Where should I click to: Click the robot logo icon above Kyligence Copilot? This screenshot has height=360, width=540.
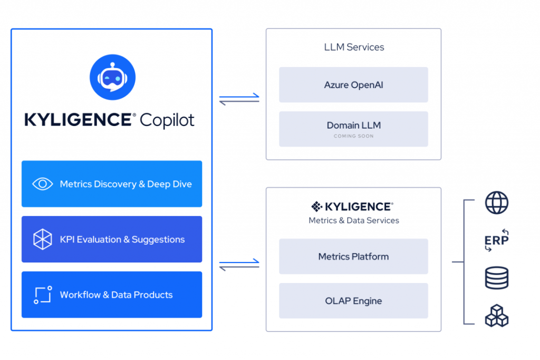pos(112,77)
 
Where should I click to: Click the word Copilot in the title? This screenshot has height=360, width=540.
pos(167,120)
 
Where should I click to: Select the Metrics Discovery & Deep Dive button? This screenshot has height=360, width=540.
pos(112,184)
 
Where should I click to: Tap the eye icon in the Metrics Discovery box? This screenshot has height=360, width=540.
pos(43,184)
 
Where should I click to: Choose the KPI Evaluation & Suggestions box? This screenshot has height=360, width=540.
pos(112,239)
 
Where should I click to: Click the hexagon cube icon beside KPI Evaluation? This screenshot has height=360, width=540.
pos(43,239)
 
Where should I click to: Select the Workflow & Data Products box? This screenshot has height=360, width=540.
pos(112,295)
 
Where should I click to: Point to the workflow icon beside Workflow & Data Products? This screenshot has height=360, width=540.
pos(43,295)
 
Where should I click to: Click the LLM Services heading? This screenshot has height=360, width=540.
pos(354,47)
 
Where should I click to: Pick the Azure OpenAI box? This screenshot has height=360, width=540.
pos(353,84)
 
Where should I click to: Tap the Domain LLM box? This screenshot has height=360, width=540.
pos(353,125)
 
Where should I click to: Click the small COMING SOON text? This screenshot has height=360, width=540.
pos(353,137)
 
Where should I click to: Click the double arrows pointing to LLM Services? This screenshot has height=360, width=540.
pos(239,99)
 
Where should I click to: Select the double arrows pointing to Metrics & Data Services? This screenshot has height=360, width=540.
pos(239,265)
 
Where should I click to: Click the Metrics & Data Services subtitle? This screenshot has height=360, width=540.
pos(353,220)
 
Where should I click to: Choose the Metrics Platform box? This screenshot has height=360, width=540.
pos(353,257)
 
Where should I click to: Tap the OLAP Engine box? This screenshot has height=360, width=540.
pos(353,301)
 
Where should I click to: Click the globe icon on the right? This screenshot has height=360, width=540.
pos(496,203)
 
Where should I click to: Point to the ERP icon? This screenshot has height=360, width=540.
pos(496,240)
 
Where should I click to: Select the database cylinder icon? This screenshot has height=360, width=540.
pos(496,278)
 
